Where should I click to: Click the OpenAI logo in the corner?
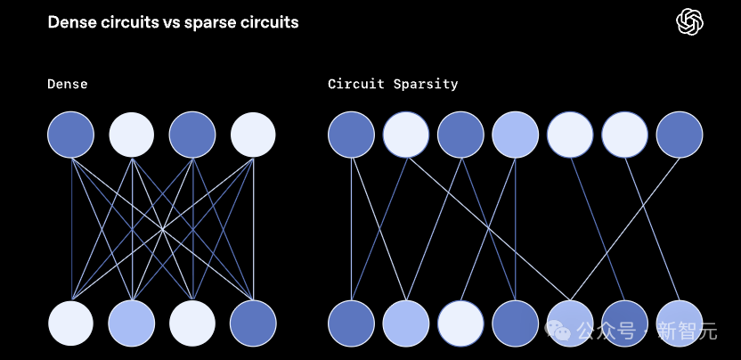[691, 22]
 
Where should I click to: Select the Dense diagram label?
[68, 85]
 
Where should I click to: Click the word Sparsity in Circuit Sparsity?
[425, 85]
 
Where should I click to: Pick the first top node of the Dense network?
[71, 135]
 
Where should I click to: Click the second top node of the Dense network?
[132, 135]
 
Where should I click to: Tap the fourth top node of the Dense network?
[253, 135]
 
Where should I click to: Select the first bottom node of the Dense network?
[71, 323]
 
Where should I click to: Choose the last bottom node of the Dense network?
[253, 323]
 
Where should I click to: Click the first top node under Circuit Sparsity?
[351, 135]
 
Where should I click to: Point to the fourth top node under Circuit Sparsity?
[516, 135]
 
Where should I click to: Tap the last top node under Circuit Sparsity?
[680, 135]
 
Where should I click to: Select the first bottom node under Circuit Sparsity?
[351, 323]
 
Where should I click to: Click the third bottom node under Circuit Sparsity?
[460, 323]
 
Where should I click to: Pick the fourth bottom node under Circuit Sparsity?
[516, 323]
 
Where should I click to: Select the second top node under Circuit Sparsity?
[406, 135]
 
